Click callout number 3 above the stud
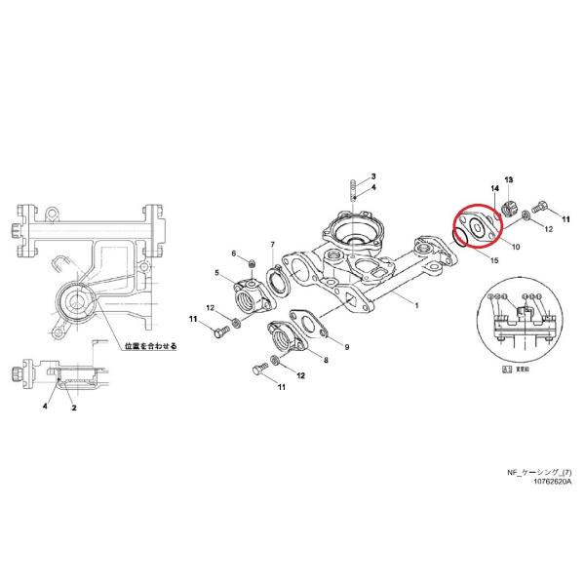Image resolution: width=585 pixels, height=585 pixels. pos(372,175)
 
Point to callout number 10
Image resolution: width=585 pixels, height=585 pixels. pos(514,248)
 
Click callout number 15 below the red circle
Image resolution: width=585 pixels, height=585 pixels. pos(494,261)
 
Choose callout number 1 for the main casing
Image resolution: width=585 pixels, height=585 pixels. pos(416,306)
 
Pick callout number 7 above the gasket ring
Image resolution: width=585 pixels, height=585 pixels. pos(273,244)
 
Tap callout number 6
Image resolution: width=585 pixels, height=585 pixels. pos(235,254)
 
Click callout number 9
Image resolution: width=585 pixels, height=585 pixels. pos(346,346)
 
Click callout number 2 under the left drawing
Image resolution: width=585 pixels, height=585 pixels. pos(73,409)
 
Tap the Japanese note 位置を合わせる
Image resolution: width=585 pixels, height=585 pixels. pos(155,345)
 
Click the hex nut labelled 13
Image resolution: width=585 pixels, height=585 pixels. pos(509,208)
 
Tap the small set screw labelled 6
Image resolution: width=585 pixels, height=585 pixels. pos(252,264)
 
